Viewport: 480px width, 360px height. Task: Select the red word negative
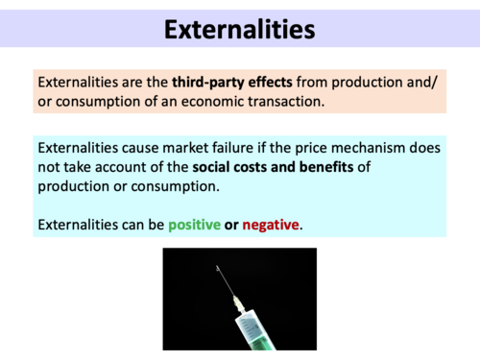[271, 226]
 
